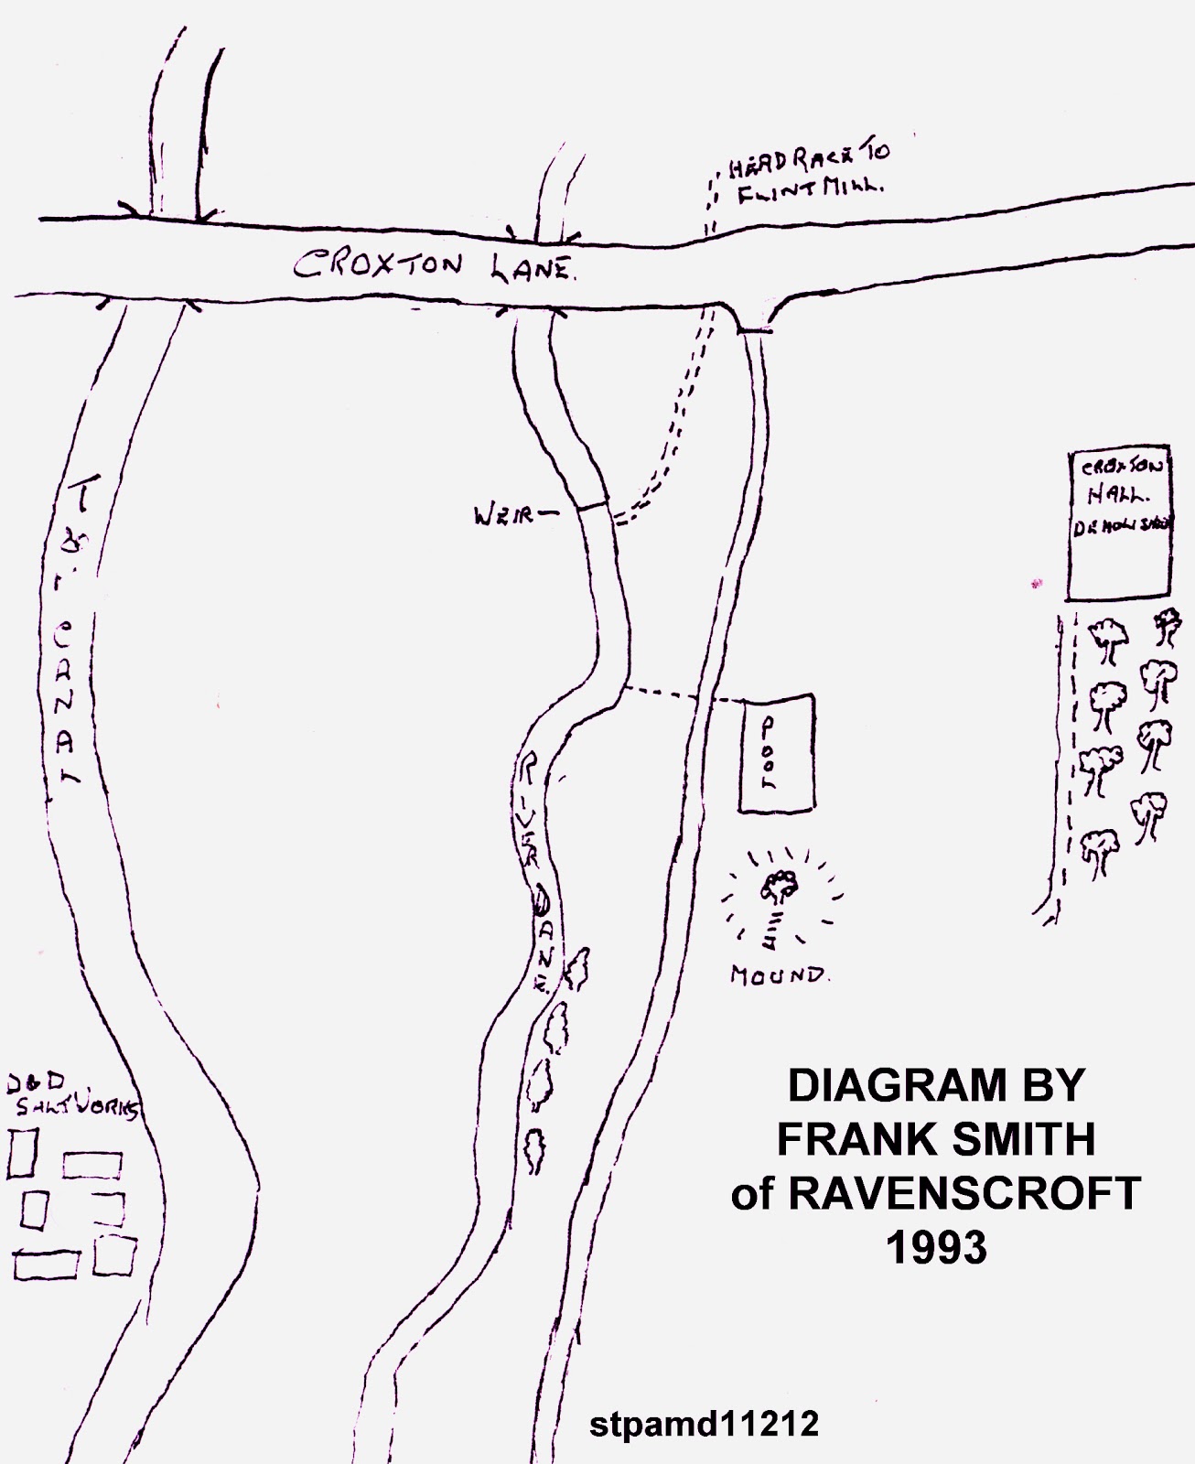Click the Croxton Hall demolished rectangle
tap(1119, 524)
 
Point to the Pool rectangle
tap(777, 753)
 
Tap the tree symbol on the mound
tap(780, 886)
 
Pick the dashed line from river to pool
tap(683, 696)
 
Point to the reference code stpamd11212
tap(704, 1424)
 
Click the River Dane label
tap(539, 869)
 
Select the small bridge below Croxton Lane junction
tap(756, 330)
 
